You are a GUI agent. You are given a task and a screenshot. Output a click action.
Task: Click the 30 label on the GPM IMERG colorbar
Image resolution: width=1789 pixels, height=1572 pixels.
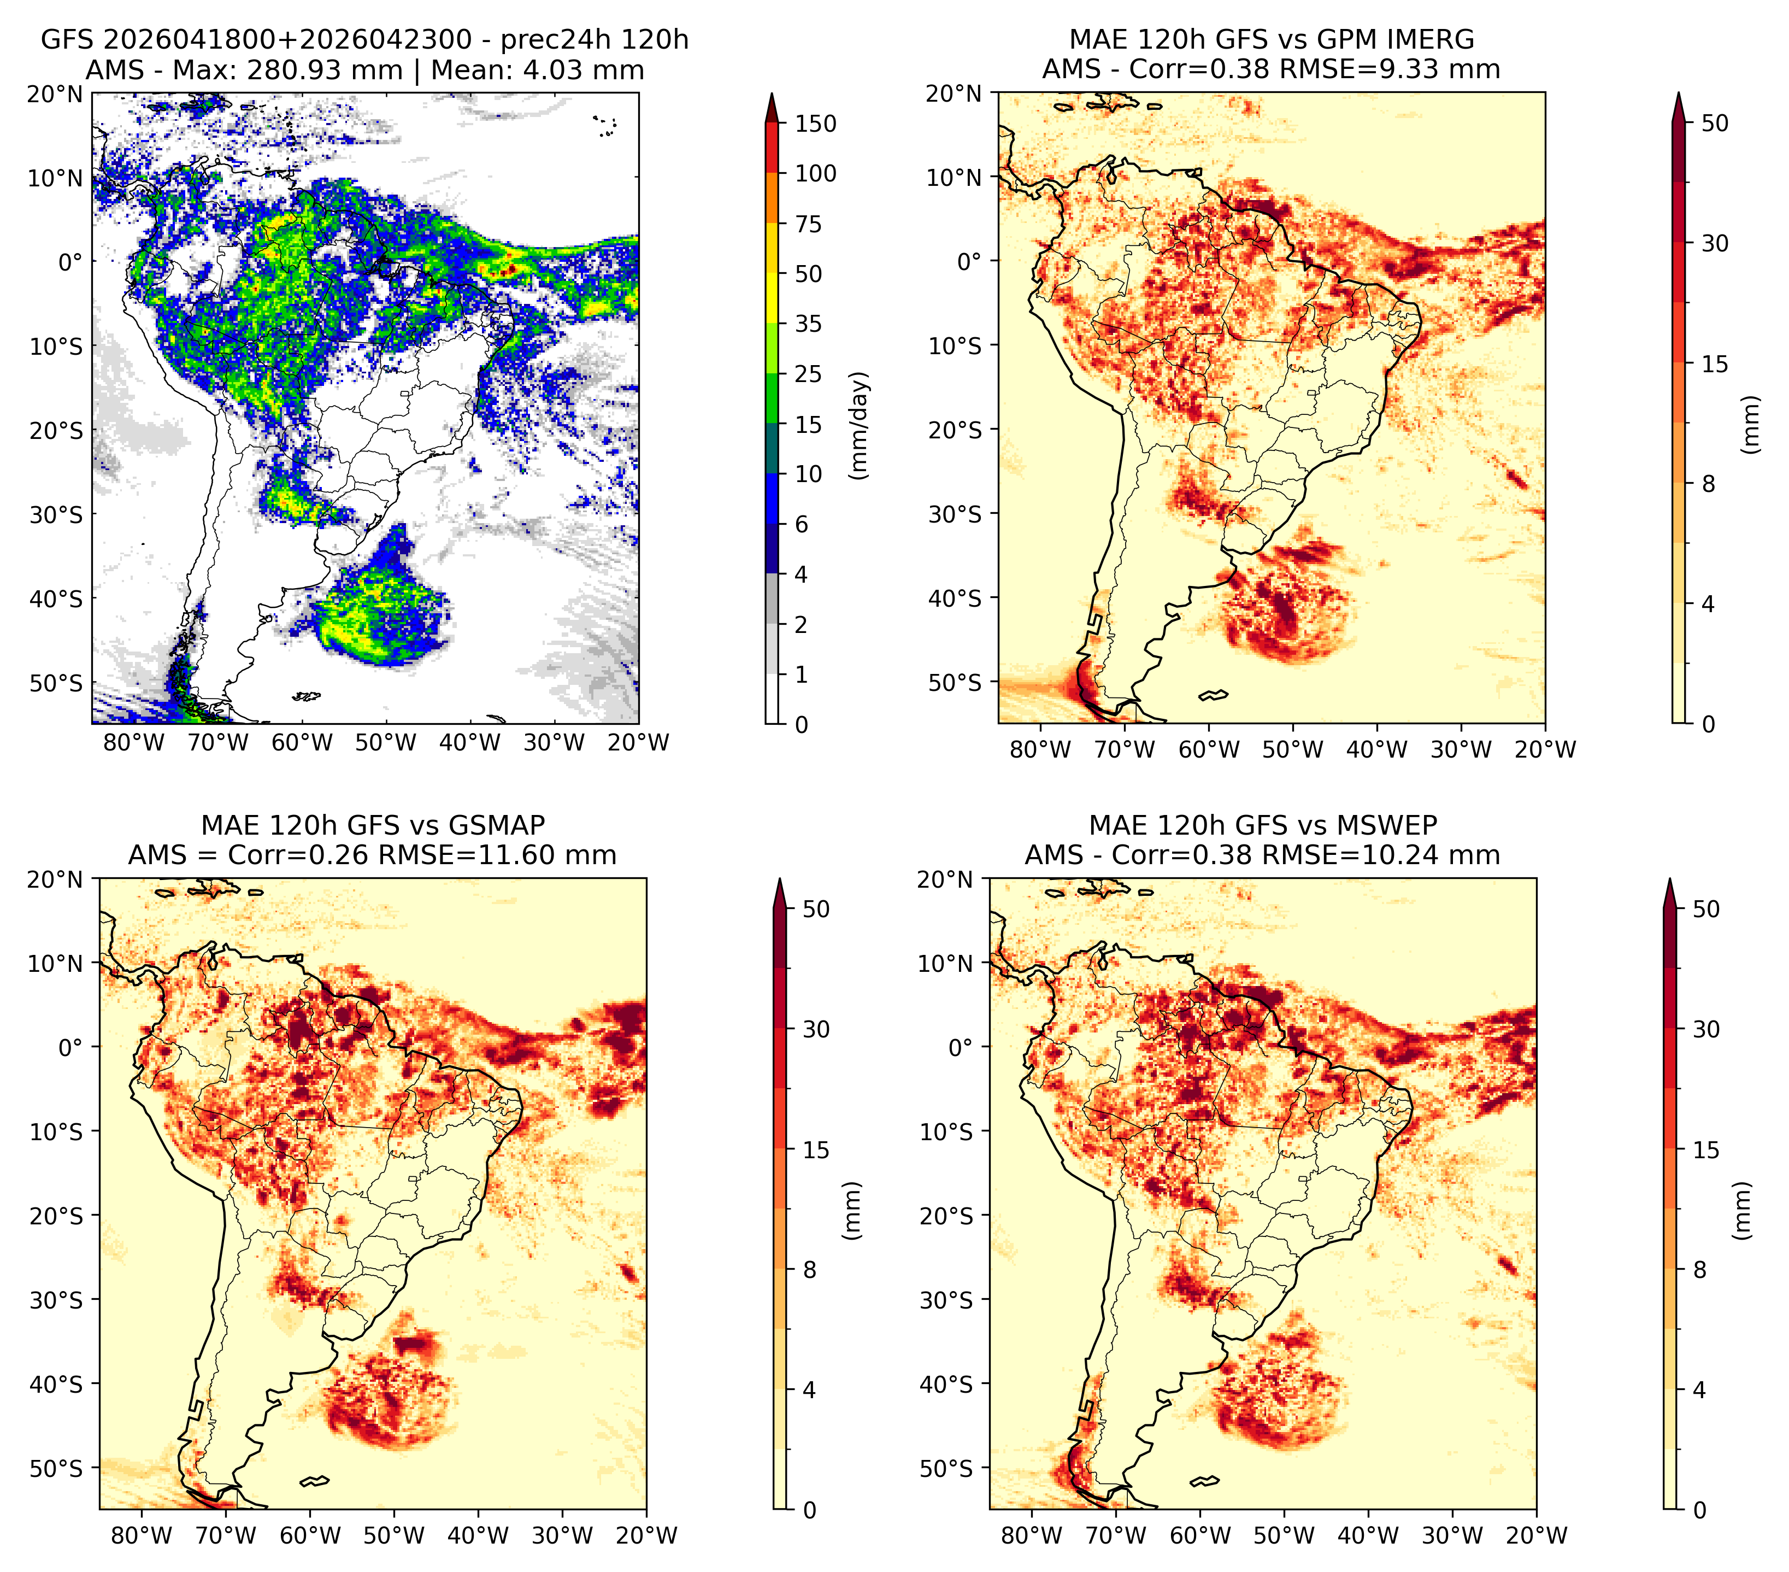click(x=1715, y=243)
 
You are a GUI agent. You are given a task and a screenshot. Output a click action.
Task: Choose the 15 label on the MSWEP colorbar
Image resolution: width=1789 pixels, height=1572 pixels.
click(x=1706, y=1150)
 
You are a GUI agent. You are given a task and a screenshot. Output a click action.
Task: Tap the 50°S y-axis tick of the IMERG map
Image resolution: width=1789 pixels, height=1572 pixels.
click(x=955, y=682)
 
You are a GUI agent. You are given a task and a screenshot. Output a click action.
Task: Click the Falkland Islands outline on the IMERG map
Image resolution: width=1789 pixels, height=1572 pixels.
click(x=1213, y=696)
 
